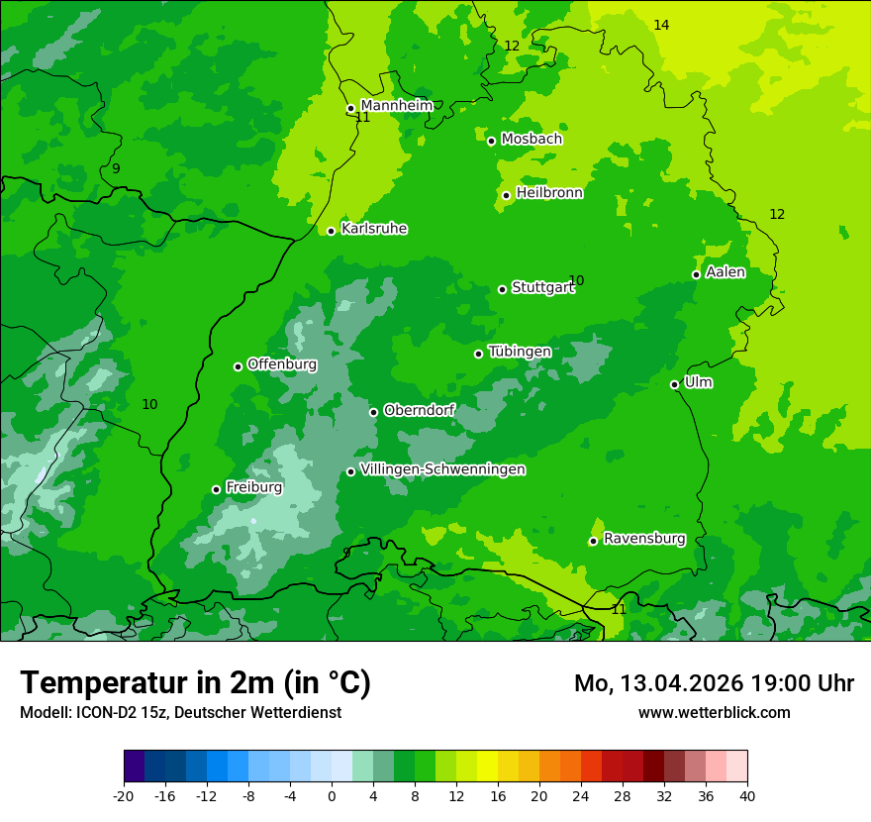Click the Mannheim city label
tap(396, 105)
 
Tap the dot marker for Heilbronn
tap(506, 195)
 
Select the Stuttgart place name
tap(542, 287)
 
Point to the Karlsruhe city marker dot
tap(331, 231)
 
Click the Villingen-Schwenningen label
tap(442, 469)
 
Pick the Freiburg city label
tap(253, 487)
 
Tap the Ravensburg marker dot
tap(593, 541)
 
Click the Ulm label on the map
tap(698, 382)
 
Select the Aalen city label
tap(725, 272)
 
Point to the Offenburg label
tap(281, 364)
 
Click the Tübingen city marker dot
tap(478, 354)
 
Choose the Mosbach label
tap(531, 139)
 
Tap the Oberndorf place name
tap(419, 410)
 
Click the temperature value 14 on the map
tap(661, 25)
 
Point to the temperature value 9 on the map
tap(116, 168)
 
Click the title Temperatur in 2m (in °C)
tap(195, 682)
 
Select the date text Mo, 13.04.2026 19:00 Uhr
tap(714, 683)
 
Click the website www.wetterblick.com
tap(714, 712)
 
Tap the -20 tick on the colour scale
tap(124, 795)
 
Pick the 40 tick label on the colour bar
tap(746, 795)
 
